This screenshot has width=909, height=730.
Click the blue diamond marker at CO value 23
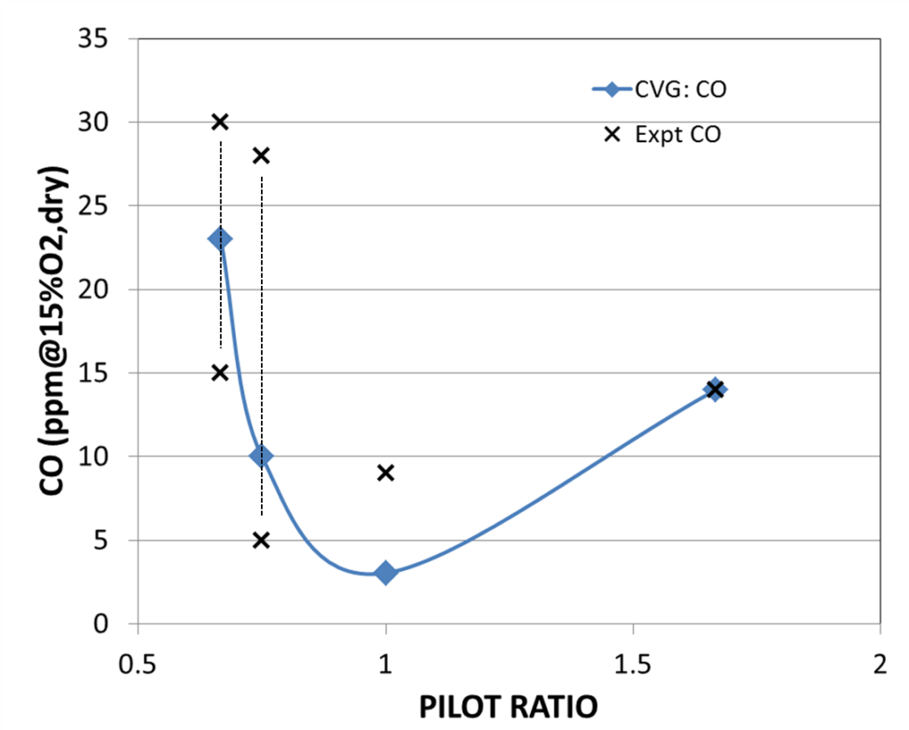pos(219,238)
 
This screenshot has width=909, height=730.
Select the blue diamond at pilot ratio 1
pos(385,573)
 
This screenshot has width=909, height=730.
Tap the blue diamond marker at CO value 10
pos(261,456)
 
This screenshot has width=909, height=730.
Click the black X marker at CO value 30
pos(220,122)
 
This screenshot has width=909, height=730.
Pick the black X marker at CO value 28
pos(261,155)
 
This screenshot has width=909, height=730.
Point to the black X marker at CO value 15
pos(220,372)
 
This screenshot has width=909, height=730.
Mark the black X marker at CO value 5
pos(261,540)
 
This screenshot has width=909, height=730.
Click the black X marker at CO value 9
pos(385,472)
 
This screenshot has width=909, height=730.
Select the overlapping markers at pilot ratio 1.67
pos(715,389)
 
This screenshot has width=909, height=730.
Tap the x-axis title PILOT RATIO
pos(508,707)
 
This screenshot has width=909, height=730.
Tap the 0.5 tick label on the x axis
pos(138,664)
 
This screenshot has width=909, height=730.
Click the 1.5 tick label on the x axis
pos(632,664)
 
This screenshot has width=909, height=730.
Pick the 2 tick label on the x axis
pos(880,664)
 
